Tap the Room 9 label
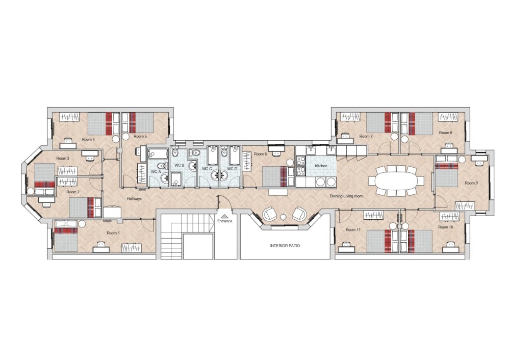(471, 183)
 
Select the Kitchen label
(321, 167)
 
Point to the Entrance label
(224, 221)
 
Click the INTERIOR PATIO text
(285, 246)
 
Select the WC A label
(156, 172)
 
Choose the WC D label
(232, 168)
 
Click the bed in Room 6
(275, 176)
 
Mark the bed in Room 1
(66, 239)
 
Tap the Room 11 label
(353, 230)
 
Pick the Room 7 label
(366, 137)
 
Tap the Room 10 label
(446, 226)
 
